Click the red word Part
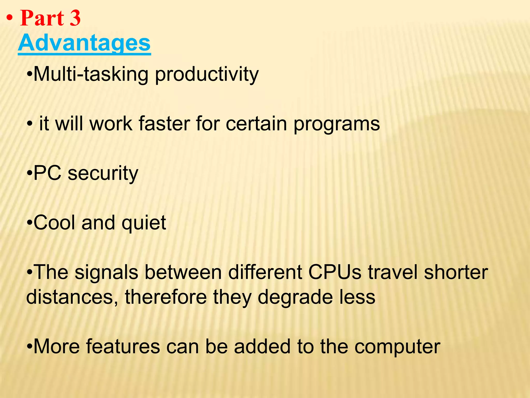point(42,18)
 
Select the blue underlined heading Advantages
point(84,43)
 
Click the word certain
point(256,123)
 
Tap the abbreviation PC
point(47,173)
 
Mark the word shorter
point(456,272)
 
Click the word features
point(123,346)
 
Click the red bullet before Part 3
point(10,19)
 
